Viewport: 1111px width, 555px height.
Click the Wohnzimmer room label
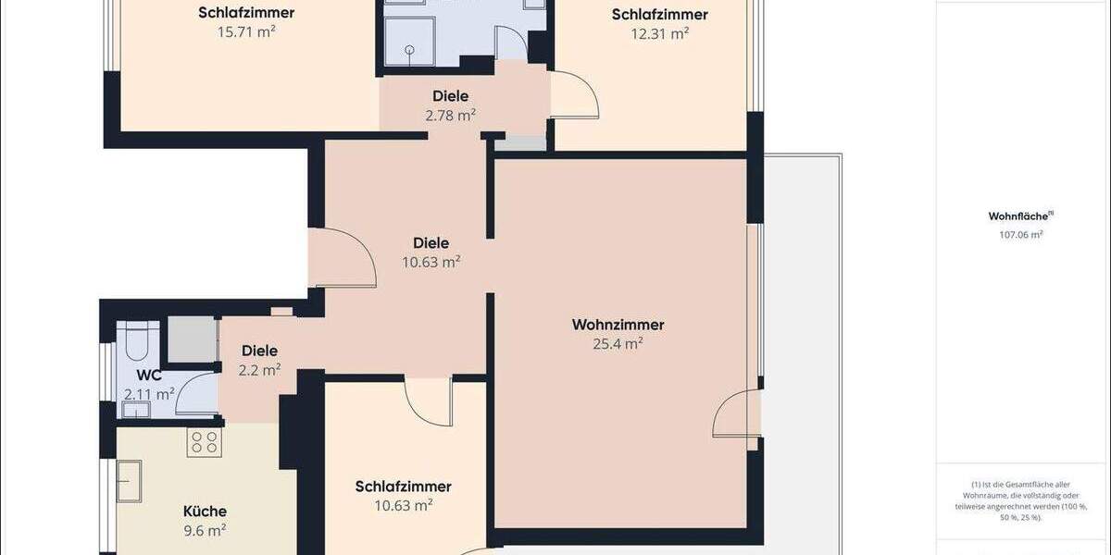pos(618,325)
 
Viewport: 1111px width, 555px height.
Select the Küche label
pos(205,511)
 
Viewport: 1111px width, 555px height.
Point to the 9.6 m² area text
pos(205,530)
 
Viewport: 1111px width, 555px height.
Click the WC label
pos(149,376)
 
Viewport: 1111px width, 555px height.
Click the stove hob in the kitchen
pos(204,443)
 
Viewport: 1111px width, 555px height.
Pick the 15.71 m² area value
pos(246,32)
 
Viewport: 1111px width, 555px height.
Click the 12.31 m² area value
pos(660,34)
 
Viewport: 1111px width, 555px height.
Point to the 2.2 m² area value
pos(259,370)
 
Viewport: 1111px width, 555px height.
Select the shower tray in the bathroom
pos(408,43)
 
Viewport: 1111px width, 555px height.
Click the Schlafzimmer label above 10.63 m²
pos(403,487)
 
